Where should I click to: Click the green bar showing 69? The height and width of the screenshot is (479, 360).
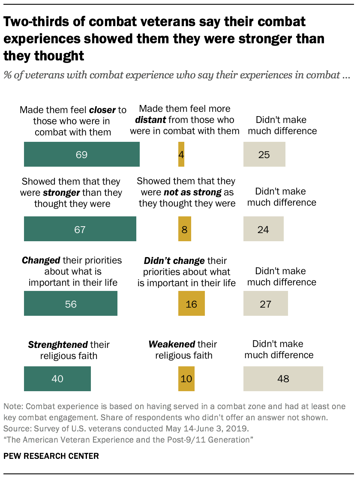click(x=81, y=154)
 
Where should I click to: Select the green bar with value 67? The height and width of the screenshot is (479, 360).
click(x=80, y=229)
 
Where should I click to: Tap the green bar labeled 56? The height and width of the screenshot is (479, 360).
click(x=71, y=304)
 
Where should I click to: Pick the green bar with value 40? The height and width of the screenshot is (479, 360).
click(x=57, y=379)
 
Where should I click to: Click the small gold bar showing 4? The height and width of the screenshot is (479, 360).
click(x=181, y=154)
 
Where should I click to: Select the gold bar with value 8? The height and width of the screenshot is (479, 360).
click(x=185, y=229)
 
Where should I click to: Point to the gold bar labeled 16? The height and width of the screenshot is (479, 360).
click(x=191, y=304)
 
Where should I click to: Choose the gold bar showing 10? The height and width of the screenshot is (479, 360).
click(x=186, y=379)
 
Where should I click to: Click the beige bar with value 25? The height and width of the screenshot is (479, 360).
click(x=264, y=154)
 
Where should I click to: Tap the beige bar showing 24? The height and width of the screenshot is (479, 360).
click(x=263, y=229)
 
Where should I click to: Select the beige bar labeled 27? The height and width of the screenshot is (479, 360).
click(x=265, y=304)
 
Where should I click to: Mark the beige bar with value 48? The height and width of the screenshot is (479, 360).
click(x=283, y=379)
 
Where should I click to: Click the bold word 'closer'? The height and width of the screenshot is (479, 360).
click(x=102, y=110)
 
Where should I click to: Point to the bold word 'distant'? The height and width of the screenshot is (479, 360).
click(x=150, y=120)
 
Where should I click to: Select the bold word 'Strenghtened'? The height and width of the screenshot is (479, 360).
click(x=57, y=344)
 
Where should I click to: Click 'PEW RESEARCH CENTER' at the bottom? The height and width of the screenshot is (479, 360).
click(x=51, y=456)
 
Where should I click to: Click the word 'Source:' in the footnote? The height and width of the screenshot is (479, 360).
click(x=16, y=428)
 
